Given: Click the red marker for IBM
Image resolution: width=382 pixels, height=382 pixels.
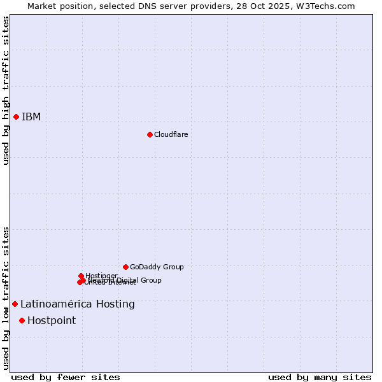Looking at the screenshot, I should (16, 117).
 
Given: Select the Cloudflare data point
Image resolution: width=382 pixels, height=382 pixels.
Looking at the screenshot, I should (150, 134).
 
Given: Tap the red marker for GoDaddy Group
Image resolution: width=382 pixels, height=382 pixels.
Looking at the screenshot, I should (125, 267).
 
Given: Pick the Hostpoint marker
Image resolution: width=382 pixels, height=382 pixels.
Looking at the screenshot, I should (22, 320).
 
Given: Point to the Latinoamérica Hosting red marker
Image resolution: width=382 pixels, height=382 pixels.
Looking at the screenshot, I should (15, 304).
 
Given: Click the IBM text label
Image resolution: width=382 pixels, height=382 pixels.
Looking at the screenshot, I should (31, 117).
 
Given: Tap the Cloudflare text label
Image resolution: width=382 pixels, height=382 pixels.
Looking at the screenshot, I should (171, 134).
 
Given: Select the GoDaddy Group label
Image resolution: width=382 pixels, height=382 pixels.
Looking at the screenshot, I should (157, 267).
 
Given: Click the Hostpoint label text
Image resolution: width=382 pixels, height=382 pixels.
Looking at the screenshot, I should (52, 320).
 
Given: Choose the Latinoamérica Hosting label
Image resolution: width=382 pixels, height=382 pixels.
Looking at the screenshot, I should (78, 304).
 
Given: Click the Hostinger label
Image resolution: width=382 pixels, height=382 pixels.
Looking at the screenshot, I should (101, 276).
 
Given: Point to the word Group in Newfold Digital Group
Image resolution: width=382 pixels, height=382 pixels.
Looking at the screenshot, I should (151, 280).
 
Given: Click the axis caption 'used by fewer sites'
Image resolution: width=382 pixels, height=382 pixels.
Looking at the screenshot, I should (66, 377).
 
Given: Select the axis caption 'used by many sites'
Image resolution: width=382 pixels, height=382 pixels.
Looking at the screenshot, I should (320, 377).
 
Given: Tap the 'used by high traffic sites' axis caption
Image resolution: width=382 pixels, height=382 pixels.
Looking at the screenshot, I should (6, 90).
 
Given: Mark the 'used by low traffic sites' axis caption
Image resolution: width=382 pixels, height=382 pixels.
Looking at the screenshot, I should (6, 298).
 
